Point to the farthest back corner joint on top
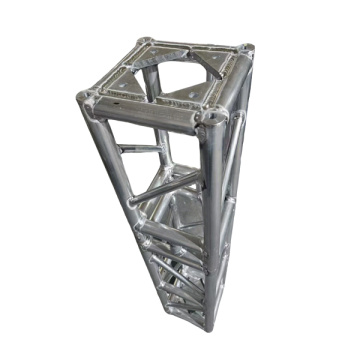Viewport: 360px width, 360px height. pos(144,43)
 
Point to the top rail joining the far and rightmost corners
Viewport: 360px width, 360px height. pos(195,45)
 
